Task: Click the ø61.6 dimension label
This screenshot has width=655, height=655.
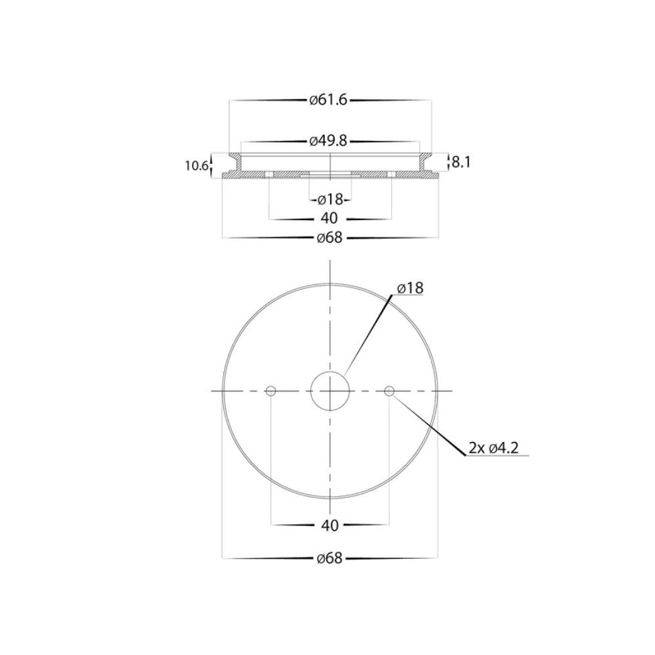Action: point(328,101)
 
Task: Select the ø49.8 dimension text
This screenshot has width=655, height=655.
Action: point(328,141)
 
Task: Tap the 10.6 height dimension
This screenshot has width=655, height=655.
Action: point(196,166)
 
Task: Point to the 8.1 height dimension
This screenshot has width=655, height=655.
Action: point(460,162)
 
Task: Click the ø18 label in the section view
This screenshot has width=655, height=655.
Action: point(330,200)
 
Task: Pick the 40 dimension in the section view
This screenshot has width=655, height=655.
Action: point(330,219)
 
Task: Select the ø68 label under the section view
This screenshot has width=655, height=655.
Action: point(329,238)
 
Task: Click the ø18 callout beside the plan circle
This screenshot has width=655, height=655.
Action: point(410,288)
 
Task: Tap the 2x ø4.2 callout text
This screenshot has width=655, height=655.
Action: point(493,448)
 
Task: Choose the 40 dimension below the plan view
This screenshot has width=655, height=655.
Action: point(330,525)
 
